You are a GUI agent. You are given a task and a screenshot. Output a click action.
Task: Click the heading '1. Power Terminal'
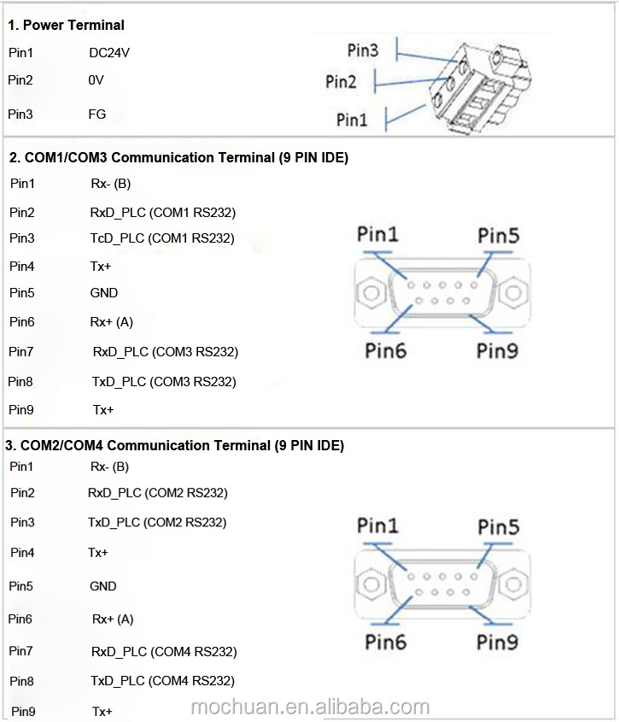pyautogui.click(x=66, y=25)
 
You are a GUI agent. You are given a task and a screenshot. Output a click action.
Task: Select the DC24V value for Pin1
pyautogui.click(x=109, y=53)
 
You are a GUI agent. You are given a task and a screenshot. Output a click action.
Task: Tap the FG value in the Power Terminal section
pyautogui.click(x=97, y=114)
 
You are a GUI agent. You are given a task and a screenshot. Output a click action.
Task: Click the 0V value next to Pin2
pyautogui.click(x=96, y=80)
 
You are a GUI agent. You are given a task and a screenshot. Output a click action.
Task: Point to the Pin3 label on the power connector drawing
pyautogui.click(x=363, y=50)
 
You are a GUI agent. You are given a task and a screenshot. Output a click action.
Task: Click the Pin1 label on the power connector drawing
pyautogui.click(x=352, y=120)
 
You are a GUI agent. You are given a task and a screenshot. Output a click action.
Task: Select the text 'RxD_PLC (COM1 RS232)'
pyautogui.click(x=162, y=213)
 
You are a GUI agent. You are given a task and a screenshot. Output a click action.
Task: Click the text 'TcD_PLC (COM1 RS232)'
pyautogui.click(x=162, y=238)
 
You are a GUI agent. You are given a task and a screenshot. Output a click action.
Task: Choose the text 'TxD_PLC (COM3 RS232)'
pyautogui.click(x=164, y=382)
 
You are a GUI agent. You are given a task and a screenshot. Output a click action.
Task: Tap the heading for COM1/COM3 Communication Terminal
pyautogui.click(x=178, y=157)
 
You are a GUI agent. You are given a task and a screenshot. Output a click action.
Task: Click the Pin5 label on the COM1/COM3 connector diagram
pyautogui.click(x=498, y=235)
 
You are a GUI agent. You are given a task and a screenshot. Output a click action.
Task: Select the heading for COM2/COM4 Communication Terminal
pyautogui.click(x=175, y=445)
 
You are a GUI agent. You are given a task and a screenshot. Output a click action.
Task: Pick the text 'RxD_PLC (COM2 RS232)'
pyautogui.click(x=158, y=493)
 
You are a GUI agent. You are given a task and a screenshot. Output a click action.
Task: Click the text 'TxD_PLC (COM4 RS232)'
pyautogui.click(x=162, y=681)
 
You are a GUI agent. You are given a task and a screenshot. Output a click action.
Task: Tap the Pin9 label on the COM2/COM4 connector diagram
pyautogui.click(x=498, y=641)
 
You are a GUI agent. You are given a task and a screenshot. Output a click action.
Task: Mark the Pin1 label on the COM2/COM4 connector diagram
pyautogui.click(x=377, y=526)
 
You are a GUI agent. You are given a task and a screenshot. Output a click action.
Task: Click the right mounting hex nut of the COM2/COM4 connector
pyautogui.click(x=513, y=585)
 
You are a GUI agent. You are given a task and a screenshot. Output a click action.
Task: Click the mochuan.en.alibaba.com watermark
pyautogui.click(x=310, y=707)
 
